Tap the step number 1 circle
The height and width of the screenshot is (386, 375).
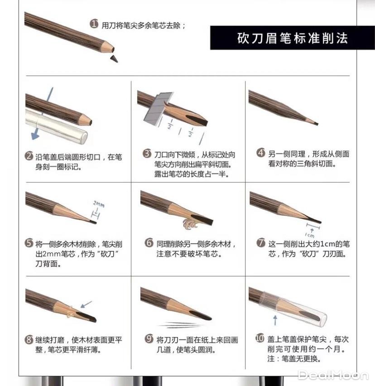coord(94,24)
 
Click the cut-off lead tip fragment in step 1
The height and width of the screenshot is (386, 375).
coord(113,58)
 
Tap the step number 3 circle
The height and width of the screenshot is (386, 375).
coord(147,154)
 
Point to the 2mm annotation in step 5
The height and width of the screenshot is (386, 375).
coord(99,204)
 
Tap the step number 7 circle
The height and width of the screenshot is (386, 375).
coord(261,243)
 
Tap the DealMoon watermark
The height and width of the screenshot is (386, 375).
coord(333,375)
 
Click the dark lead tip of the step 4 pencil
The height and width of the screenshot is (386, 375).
coord(316,123)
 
